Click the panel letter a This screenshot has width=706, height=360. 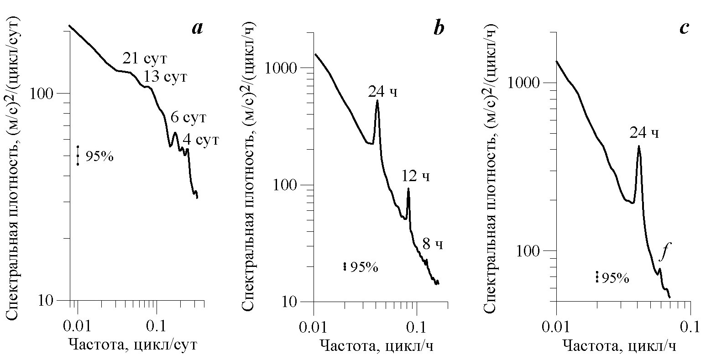pyautogui.click(x=197, y=29)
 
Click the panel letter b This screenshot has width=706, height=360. pyautogui.click(x=438, y=29)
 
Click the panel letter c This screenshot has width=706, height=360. pyautogui.click(x=684, y=29)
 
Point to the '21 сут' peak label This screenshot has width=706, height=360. pyautogui.click(x=145, y=59)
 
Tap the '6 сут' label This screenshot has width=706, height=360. pyautogui.click(x=188, y=118)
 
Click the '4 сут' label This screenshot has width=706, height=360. pyautogui.click(x=201, y=139)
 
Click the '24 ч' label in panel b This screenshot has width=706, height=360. pyautogui.click(x=383, y=92)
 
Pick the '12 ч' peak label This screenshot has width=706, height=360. pyautogui.click(x=416, y=176)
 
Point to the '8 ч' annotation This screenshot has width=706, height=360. pyautogui.click(x=433, y=245)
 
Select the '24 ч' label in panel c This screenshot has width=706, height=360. pyautogui.click(x=644, y=133)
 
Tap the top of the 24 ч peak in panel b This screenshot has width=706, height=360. pyautogui.click(x=377, y=101)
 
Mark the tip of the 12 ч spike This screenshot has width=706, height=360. pyautogui.click(x=408, y=188)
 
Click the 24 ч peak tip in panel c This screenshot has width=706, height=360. pyautogui.click(x=638, y=146)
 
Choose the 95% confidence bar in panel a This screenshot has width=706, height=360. pyautogui.click(x=78, y=156)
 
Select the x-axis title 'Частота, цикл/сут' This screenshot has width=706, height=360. pyautogui.click(x=132, y=344)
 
